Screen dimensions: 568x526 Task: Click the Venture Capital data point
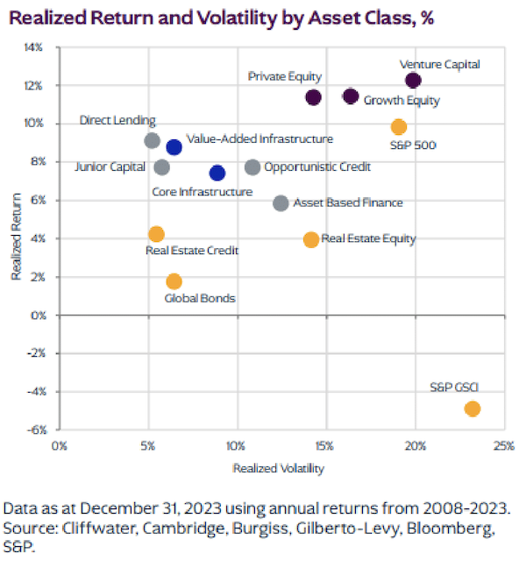[x=414, y=81]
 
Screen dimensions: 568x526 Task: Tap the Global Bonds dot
[x=174, y=281]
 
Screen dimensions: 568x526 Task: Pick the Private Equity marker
[x=313, y=96]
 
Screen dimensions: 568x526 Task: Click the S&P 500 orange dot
[x=399, y=127]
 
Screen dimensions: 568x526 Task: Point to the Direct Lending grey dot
[x=152, y=140]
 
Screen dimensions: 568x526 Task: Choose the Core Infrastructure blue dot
[x=217, y=173]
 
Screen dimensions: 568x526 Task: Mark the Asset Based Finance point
[x=281, y=203]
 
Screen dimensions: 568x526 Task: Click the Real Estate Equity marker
[x=311, y=239]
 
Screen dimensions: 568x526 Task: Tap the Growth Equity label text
[x=402, y=101]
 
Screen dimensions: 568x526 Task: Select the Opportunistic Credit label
[x=316, y=167]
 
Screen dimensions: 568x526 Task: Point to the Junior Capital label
[x=110, y=167]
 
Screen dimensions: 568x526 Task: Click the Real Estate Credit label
[x=191, y=251]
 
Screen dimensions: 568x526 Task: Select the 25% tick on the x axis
[x=502, y=446]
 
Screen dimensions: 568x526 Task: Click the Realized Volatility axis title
[x=278, y=468]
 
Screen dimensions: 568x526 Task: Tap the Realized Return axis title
[x=15, y=238]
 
